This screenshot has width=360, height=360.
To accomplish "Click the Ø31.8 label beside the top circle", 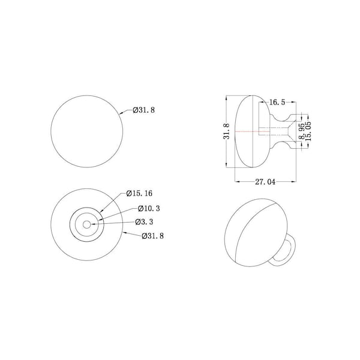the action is pyautogui.click(x=144, y=110).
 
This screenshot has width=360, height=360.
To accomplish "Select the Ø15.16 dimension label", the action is pyautogui.click(x=139, y=194).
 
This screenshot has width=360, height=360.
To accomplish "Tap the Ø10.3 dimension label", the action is pyautogui.click(x=149, y=209).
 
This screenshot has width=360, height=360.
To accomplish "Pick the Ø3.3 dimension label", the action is pyautogui.click(x=144, y=222).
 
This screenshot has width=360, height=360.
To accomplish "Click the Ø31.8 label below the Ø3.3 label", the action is pyautogui.click(x=152, y=236).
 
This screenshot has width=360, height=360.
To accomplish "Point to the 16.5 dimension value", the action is pyautogui.click(x=277, y=103).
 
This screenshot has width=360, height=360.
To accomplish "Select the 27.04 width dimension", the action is pyautogui.click(x=265, y=182).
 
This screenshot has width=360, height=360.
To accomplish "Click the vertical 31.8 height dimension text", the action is pyautogui.click(x=227, y=131).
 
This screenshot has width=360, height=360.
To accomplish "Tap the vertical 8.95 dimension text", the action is pyautogui.click(x=302, y=131).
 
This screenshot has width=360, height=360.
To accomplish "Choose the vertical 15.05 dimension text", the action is pyautogui.click(x=308, y=131).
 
